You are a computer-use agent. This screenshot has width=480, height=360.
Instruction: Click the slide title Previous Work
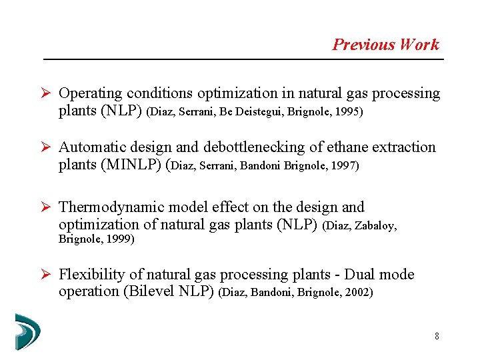click(385, 45)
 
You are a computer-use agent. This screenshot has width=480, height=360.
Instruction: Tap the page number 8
click(437, 336)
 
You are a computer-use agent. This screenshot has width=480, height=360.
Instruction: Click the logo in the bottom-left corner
click(27, 331)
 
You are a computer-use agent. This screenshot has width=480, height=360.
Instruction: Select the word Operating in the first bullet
click(90, 93)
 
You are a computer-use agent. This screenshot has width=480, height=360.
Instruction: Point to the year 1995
click(349, 112)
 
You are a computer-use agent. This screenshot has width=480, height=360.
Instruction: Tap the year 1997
click(345, 165)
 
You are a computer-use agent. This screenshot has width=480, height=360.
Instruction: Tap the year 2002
click(359, 293)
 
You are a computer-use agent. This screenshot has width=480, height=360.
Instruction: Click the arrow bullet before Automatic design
click(45, 147)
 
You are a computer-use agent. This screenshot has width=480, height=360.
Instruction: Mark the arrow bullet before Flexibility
click(45, 275)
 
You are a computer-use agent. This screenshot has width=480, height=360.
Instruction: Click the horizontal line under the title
click(243, 60)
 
